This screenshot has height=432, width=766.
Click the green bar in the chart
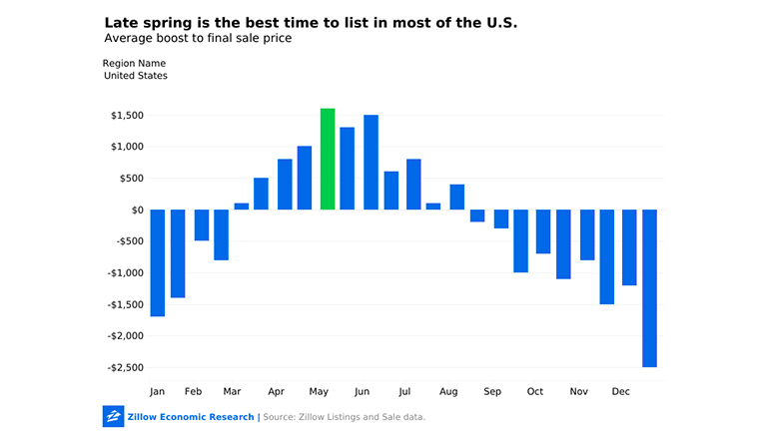(x=328, y=160)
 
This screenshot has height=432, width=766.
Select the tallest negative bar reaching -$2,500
(x=649, y=288)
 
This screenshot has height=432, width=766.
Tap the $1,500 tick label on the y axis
(x=128, y=116)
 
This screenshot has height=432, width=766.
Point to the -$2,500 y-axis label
(x=126, y=367)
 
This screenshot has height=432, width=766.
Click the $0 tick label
(x=137, y=211)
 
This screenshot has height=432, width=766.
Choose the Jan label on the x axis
(x=158, y=391)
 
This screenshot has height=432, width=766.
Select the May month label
(x=319, y=391)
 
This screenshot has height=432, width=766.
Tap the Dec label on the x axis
(x=621, y=391)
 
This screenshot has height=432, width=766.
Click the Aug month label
(x=448, y=391)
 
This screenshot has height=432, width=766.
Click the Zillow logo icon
(x=113, y=416)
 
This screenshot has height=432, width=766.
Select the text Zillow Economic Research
(x=191, y=417)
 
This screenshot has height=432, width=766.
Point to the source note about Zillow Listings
(x=344, y=417)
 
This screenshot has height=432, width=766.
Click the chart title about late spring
(x=311, y=23)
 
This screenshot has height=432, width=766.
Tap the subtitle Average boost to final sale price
(x=198, y=38)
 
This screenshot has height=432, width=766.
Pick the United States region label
(x=135, y=76)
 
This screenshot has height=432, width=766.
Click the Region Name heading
(x=134, y=64)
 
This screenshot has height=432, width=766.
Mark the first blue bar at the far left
(x=158, y=263)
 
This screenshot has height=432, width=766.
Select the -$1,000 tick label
(x=126, y=273)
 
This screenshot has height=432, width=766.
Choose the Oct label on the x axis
(x=535, y=391)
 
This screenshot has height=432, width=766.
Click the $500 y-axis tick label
(x=132, y=179)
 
